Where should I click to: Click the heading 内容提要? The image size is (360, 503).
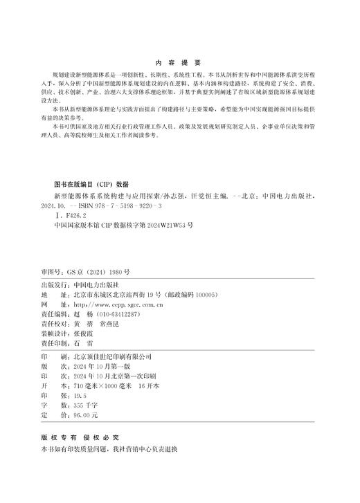click(x=179, y=62)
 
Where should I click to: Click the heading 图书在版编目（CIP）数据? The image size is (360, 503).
click(x=91, y=185)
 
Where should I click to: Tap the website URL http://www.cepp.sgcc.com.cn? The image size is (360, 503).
click(x=118, y=304)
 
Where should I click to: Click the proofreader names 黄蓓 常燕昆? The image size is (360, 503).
click(x=100, y=323)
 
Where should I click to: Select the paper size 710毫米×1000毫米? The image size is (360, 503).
click(x=102, y=385)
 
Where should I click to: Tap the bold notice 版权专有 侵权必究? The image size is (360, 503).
click(x=80, y=437)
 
